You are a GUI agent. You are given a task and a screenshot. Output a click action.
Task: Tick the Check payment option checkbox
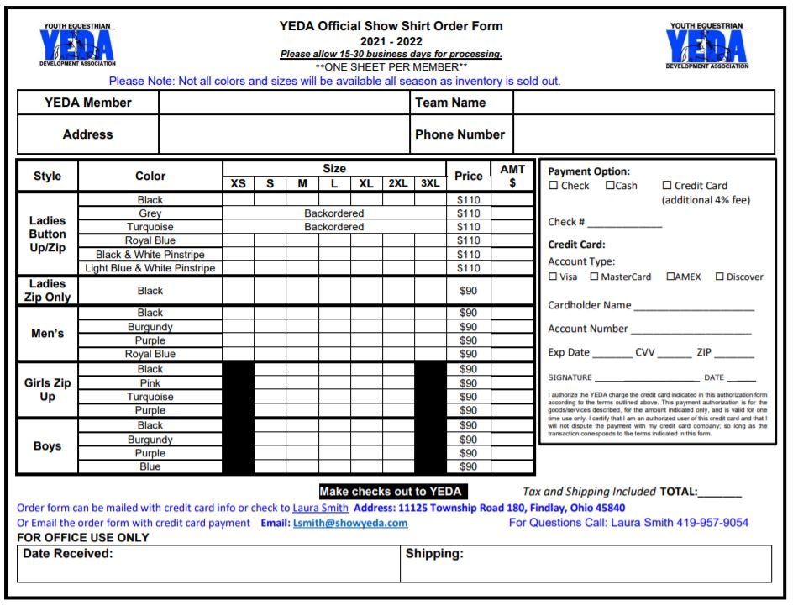point(553,186)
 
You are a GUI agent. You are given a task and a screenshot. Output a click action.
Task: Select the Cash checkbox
point(610,186)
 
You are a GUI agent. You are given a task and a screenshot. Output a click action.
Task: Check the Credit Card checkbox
point(667,186)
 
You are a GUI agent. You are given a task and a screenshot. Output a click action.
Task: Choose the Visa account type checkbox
point(553,277)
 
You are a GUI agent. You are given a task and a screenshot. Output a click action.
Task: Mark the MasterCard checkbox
point(594,277)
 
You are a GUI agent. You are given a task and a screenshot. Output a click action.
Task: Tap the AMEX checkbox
point(670,277)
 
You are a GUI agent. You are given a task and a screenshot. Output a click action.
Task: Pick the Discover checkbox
point(719,277)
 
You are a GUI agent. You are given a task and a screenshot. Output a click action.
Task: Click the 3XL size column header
point(429,183)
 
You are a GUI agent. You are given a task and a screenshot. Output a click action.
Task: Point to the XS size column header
point(239,183)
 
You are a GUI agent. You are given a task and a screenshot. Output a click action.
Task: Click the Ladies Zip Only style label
point(47,291)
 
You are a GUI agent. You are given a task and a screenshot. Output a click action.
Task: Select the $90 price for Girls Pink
point(467,383)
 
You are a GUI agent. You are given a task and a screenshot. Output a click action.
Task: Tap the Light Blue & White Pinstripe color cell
point(150,268)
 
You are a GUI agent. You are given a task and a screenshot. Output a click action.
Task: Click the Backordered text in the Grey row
point(333,213)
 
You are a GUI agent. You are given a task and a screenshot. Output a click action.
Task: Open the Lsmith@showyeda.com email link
point(350,523)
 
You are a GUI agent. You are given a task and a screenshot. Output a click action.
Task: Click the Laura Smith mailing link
point(320,508)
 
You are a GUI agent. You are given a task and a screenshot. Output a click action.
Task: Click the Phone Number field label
point(460,134)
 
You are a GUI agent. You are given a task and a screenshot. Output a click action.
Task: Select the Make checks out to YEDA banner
point(391,492)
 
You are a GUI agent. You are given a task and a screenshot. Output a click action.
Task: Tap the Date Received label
point(68,554)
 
